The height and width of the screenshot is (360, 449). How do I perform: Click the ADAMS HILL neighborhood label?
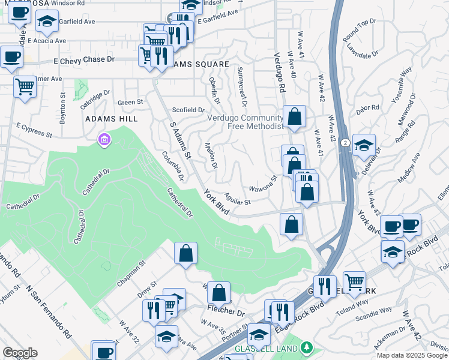click(x=112, y=119)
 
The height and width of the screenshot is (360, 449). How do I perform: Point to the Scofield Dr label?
click(x=188, y=110)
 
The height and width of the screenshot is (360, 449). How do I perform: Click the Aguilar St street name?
click(x=237, y=198)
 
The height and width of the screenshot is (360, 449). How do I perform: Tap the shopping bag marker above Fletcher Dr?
click(x=219, y=292)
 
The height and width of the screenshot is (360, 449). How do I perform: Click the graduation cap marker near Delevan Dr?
click(x=364, y=145)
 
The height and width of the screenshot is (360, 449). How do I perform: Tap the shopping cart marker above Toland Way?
click(x=354, y=280)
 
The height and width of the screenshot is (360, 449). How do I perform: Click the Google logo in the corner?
click(x=20, y=353)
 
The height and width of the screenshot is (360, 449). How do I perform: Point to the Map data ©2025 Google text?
click(x=412, y=355)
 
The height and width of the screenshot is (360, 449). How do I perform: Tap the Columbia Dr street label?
click(x=172, y=166)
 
